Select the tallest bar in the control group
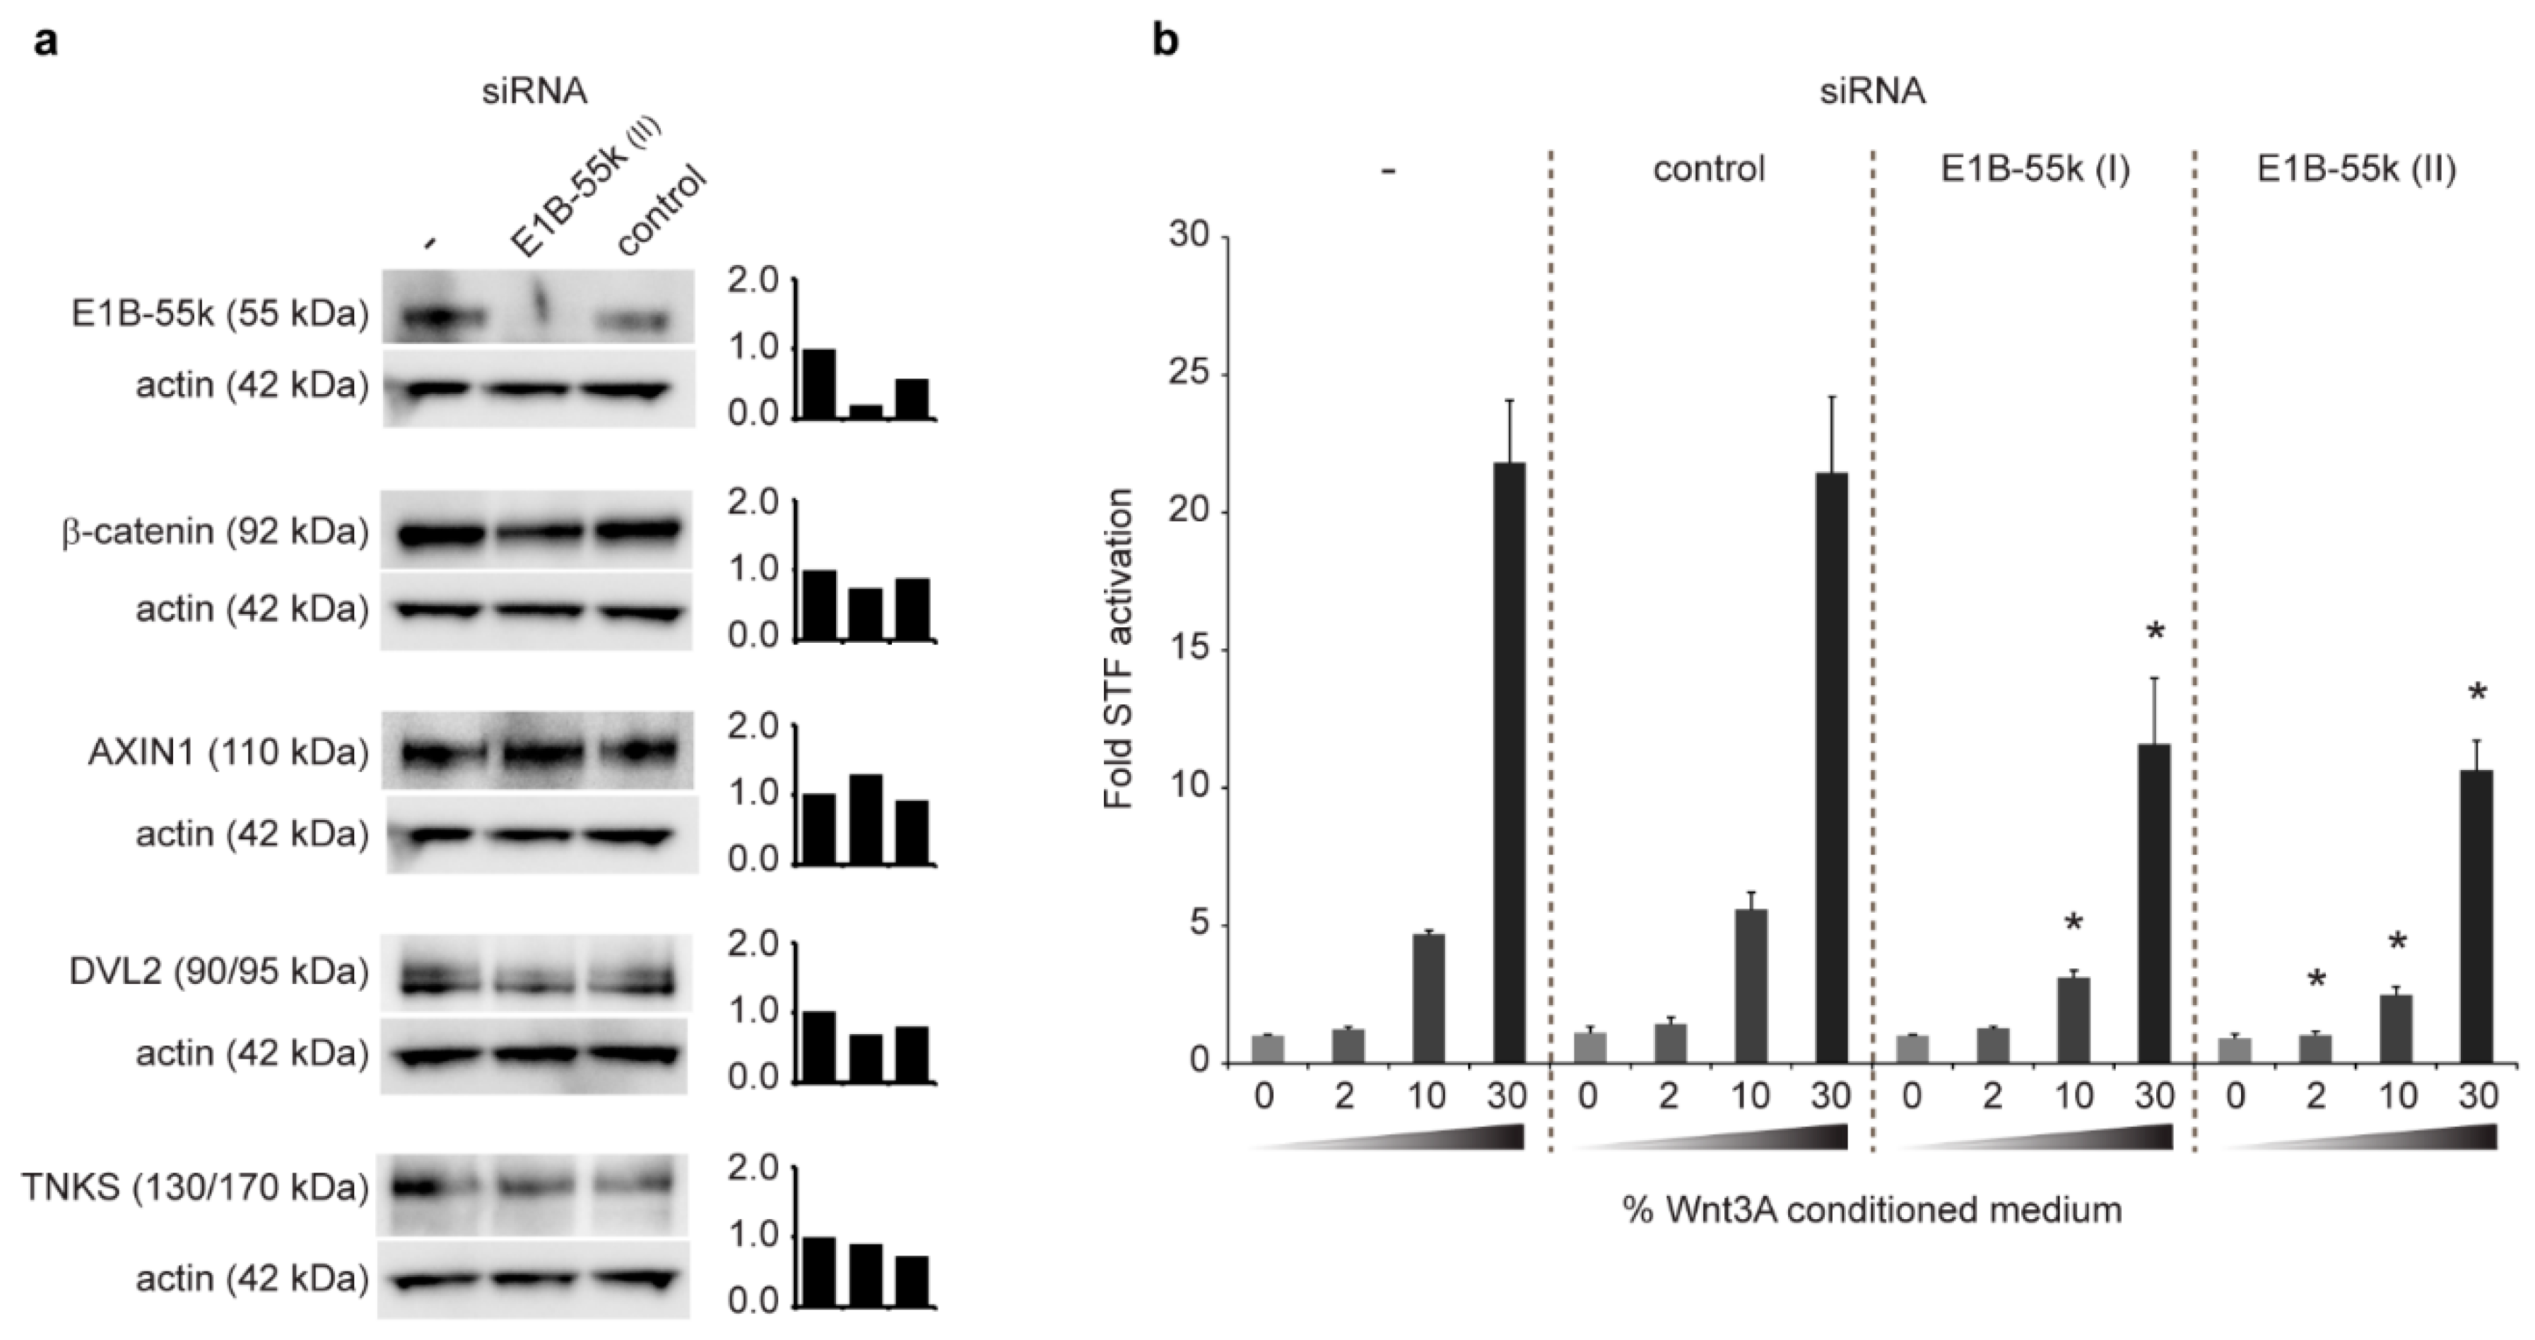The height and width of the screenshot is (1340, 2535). click(x=1831, y=767)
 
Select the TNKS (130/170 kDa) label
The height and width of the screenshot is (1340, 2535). click(x=195, y=1189)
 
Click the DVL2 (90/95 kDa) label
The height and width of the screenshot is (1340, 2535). click(x=218, y=972)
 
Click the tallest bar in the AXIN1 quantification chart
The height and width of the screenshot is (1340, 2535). click(x=866, y=819)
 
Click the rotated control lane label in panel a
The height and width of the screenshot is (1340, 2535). click(x=661, y=211)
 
